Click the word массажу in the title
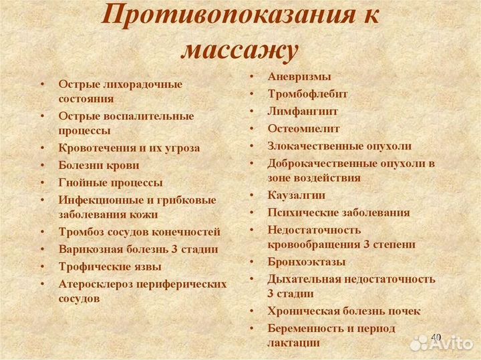click(x=238, y=49)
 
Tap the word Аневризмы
click(x=299, y=77)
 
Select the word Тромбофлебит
click(x=307, y=94)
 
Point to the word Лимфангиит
click(x=303, y=112)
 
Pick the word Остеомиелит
click(x=303, y=128)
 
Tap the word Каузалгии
click(x=297, y=195)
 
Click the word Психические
click(x=300, y=212)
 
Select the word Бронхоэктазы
click(x=307, y=261)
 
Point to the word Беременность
click(x=305, y=328)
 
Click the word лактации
click(x=293, y=342)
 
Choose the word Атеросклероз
click(x=95, y=284)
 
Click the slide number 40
click(x=436, y=337)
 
